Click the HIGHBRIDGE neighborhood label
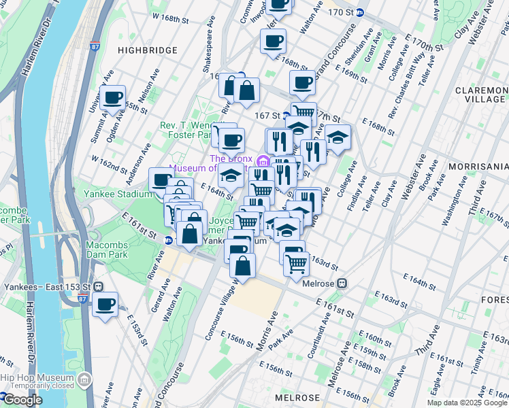pos(147,50)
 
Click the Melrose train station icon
pos(343,283)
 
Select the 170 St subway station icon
pos(360,12)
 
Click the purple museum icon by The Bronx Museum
pos(263,160)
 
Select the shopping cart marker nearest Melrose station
pos(296,263)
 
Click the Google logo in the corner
pos(22,400)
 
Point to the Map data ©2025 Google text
pos(467,403)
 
